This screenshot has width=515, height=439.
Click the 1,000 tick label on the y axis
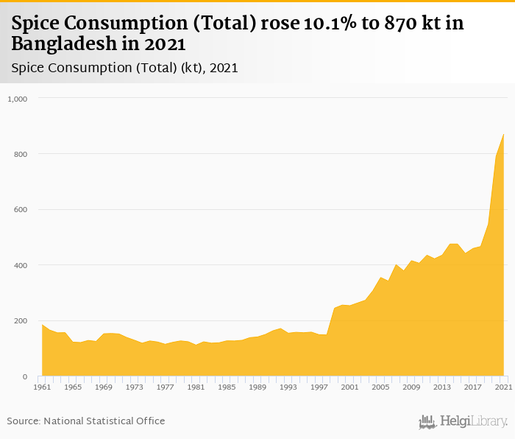[16, 98]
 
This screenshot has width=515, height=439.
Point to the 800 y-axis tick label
[21, 154]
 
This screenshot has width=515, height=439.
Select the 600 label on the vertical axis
[21, 209]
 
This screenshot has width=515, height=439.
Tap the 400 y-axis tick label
[21, 265]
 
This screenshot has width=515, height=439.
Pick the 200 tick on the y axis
[21, 321]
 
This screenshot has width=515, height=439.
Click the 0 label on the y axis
[25, 376]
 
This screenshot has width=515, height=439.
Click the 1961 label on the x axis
[42, 387]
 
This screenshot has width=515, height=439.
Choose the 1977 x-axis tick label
[165, 387]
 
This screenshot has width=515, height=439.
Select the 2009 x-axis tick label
[411, 387]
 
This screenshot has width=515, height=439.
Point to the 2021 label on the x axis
[503, 387]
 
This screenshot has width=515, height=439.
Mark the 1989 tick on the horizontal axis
[257, 387]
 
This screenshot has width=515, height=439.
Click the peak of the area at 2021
[503, 134]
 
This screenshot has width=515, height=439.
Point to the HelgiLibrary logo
[463, 422]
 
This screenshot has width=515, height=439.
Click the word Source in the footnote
[23, 421]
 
